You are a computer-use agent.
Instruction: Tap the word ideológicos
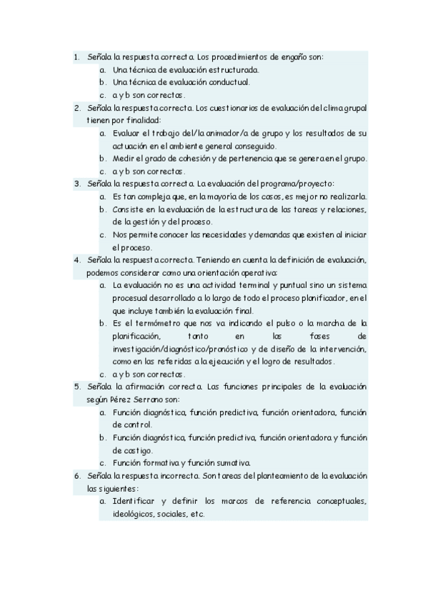click(134, 514)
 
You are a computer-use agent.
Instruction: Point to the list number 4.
click(77, 259)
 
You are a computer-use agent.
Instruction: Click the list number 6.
click(77, 475)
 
